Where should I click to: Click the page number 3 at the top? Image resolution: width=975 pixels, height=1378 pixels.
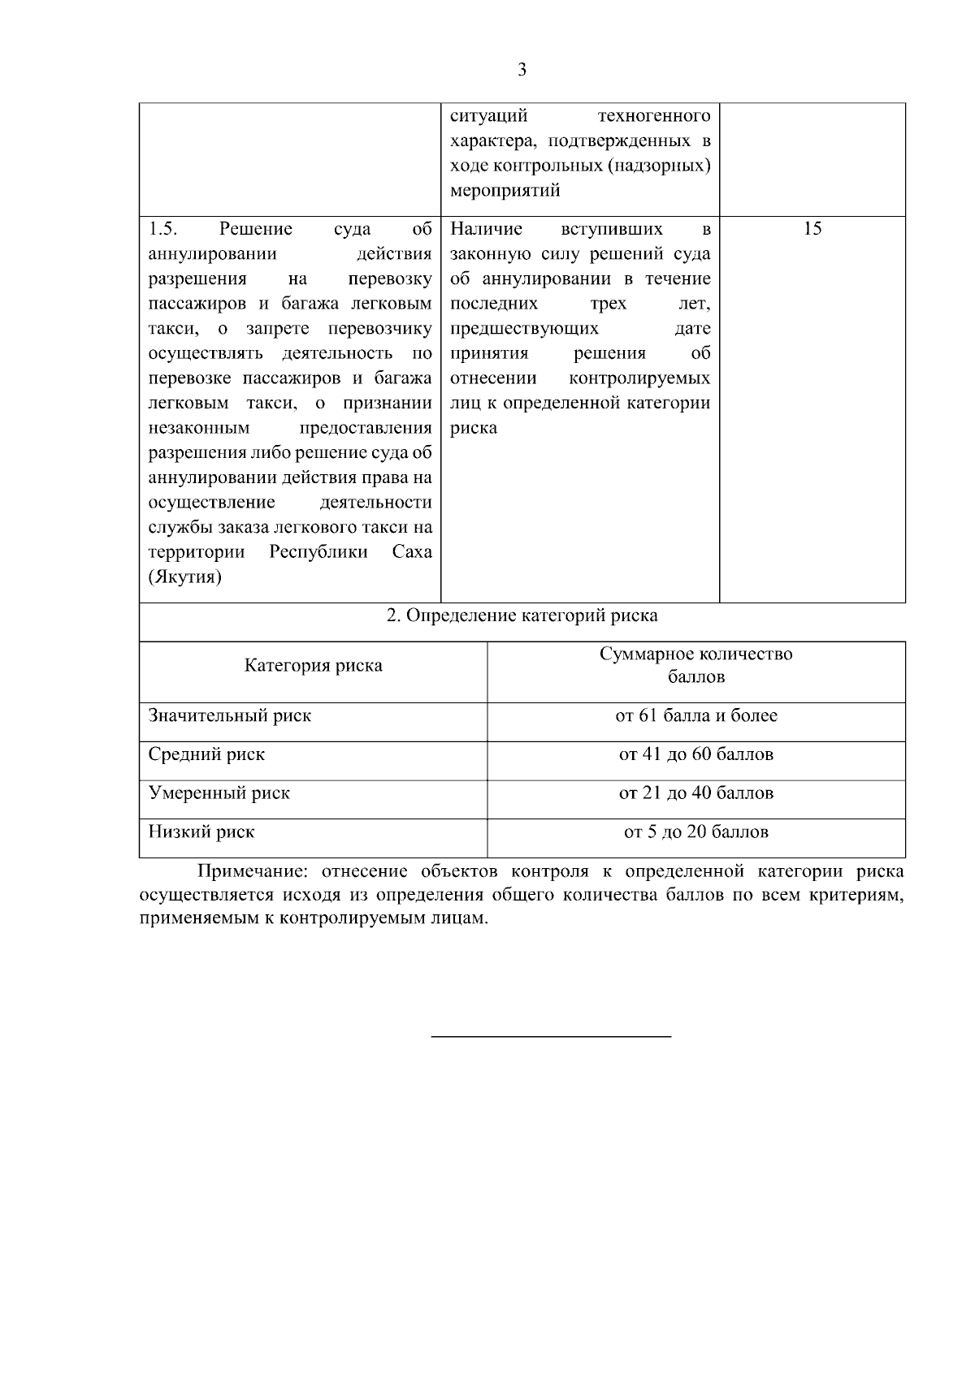pos(522,71)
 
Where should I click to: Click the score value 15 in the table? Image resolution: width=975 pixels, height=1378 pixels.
pos(812,229)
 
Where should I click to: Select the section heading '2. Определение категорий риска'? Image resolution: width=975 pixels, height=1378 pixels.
pos(522,616)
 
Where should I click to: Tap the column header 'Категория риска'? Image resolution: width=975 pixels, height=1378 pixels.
pos(314,666)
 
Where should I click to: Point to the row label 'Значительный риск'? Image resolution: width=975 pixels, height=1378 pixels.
pos(229,716)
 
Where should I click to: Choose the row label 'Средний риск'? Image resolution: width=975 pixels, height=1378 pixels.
pos(206,754)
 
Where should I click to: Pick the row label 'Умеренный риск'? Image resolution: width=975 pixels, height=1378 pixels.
pos(219,793)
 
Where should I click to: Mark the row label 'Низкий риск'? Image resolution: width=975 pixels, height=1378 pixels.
pos(201,832)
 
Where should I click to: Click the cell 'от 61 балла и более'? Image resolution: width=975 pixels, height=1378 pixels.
pos(695,716)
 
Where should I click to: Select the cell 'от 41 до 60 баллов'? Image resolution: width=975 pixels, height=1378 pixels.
pos(695,754)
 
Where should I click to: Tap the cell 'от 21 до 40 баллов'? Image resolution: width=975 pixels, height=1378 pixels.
pos(695,793)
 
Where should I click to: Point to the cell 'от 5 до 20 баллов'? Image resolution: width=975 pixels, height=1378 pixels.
pos(695,832)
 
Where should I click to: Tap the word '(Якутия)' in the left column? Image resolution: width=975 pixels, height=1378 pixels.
pos(184,578)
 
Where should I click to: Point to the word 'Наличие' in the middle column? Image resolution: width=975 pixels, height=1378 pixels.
pos(486,229)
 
